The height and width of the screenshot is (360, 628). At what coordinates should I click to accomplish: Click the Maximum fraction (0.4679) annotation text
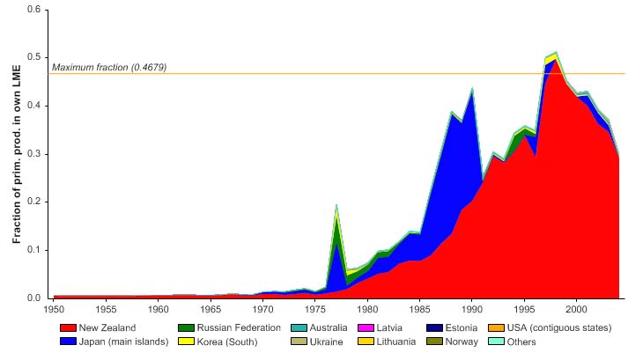(x=109, y=68)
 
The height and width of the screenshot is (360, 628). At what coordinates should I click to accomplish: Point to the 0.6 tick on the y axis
(x=33, y=10)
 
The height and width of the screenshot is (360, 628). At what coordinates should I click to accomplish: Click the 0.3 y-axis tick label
(x=33, y=154)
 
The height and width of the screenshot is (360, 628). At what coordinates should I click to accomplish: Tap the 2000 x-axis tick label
(x=576, y=309)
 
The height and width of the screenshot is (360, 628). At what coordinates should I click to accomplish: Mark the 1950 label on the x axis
(x=54, y=309)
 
